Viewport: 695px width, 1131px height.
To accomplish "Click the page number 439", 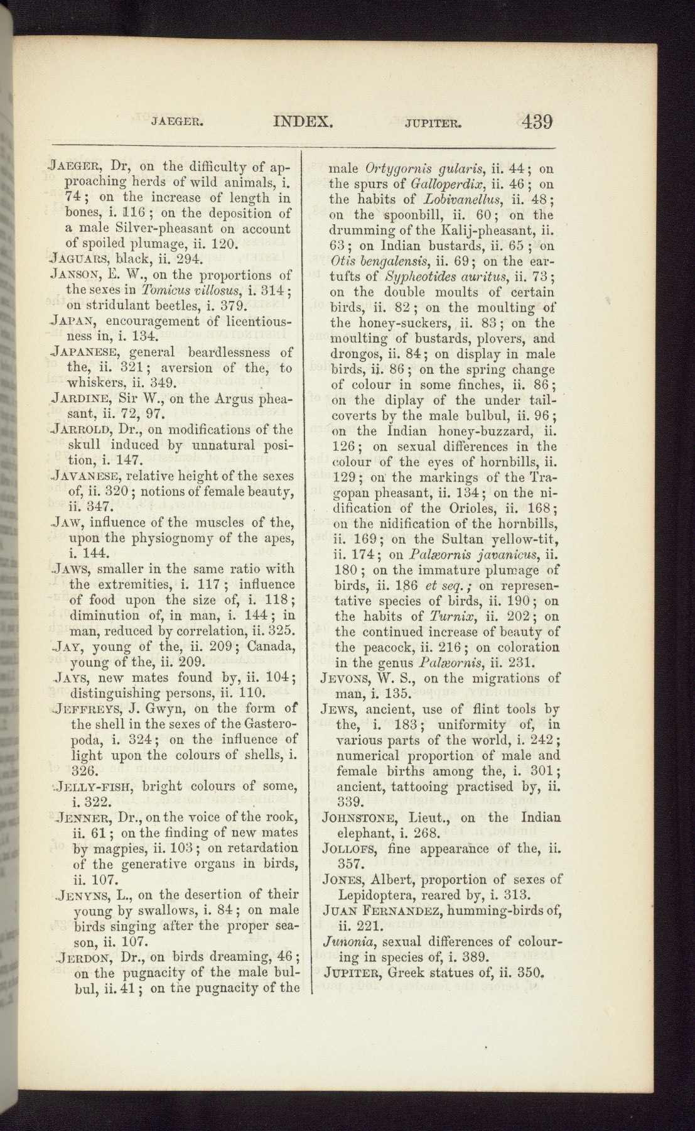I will tap(536, 121).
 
